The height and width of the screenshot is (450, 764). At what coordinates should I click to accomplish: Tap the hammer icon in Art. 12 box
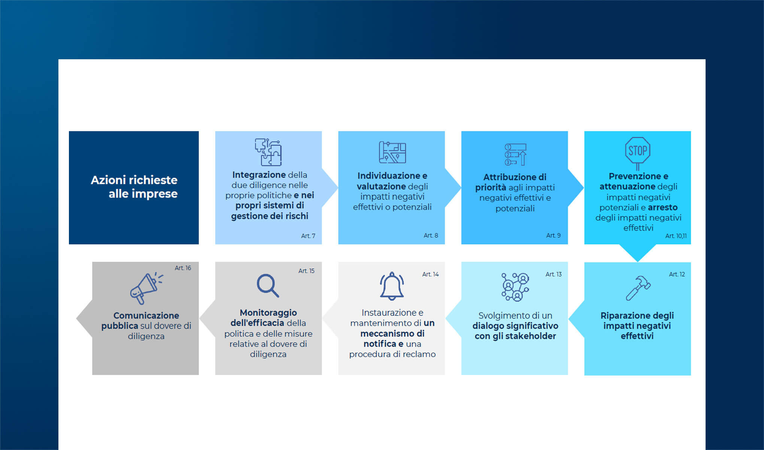(x=638, y=288)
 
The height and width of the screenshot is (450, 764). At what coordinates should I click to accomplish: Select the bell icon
(x=392, y=286)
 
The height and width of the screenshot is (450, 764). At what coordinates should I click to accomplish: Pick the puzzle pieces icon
(x=269, y=152)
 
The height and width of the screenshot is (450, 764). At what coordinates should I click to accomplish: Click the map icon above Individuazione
(x=392, y=152)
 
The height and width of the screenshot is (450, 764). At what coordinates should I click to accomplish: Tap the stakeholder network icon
(x=515, y=287)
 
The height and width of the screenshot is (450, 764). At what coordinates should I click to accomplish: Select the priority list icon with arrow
(x=515, y=154)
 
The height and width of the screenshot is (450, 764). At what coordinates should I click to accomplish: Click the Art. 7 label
(x=308, y=236)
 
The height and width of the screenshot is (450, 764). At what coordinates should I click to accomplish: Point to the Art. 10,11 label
(x=676, y=236)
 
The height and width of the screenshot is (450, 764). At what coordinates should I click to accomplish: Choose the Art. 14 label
(x=430, y=274)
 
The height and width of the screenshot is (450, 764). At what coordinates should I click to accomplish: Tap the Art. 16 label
(x=183, y=268)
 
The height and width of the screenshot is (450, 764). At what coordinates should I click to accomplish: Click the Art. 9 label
(x=553, y=235)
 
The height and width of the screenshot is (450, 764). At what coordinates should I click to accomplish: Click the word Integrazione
(x=259, y=175)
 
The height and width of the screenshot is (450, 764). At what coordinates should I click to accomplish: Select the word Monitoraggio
(x=268, y=313)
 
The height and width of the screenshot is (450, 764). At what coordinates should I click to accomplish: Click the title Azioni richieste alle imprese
(x=134, y=187)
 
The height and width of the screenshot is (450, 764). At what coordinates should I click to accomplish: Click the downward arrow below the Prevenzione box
(x=637, y=253)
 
